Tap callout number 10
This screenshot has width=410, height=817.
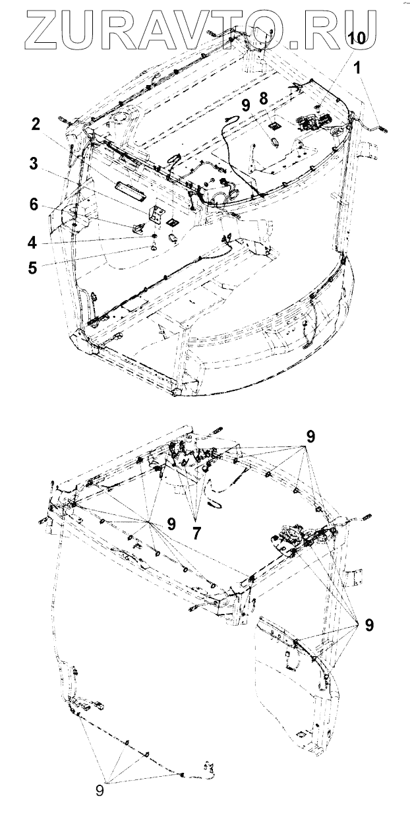click(356, 40)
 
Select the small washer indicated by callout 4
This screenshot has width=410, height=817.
click(152, 235)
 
